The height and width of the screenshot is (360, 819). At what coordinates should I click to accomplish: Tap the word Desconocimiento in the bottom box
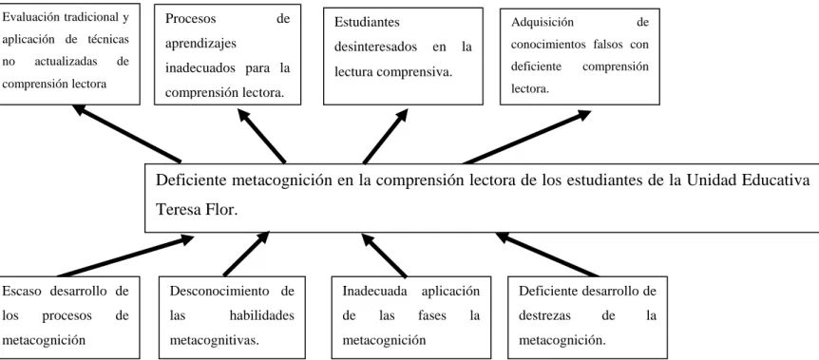[219, 291]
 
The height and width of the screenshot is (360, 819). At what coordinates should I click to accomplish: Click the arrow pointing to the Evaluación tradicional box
[126, 133]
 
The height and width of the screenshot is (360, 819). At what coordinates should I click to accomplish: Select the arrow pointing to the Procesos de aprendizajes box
[261, 136]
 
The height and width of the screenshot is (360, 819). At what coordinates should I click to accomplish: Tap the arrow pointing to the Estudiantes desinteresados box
[386, 136]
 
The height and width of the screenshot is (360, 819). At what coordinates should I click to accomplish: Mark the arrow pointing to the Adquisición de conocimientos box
[526, 137]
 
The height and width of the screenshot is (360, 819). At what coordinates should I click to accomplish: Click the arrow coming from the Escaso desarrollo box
[125, 256]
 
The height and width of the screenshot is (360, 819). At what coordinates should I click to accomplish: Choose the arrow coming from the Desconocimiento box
[246, 254]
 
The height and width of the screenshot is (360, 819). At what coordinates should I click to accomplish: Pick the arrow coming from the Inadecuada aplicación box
[384, 255]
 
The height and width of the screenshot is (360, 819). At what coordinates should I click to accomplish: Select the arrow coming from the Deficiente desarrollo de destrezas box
[547, 254]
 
